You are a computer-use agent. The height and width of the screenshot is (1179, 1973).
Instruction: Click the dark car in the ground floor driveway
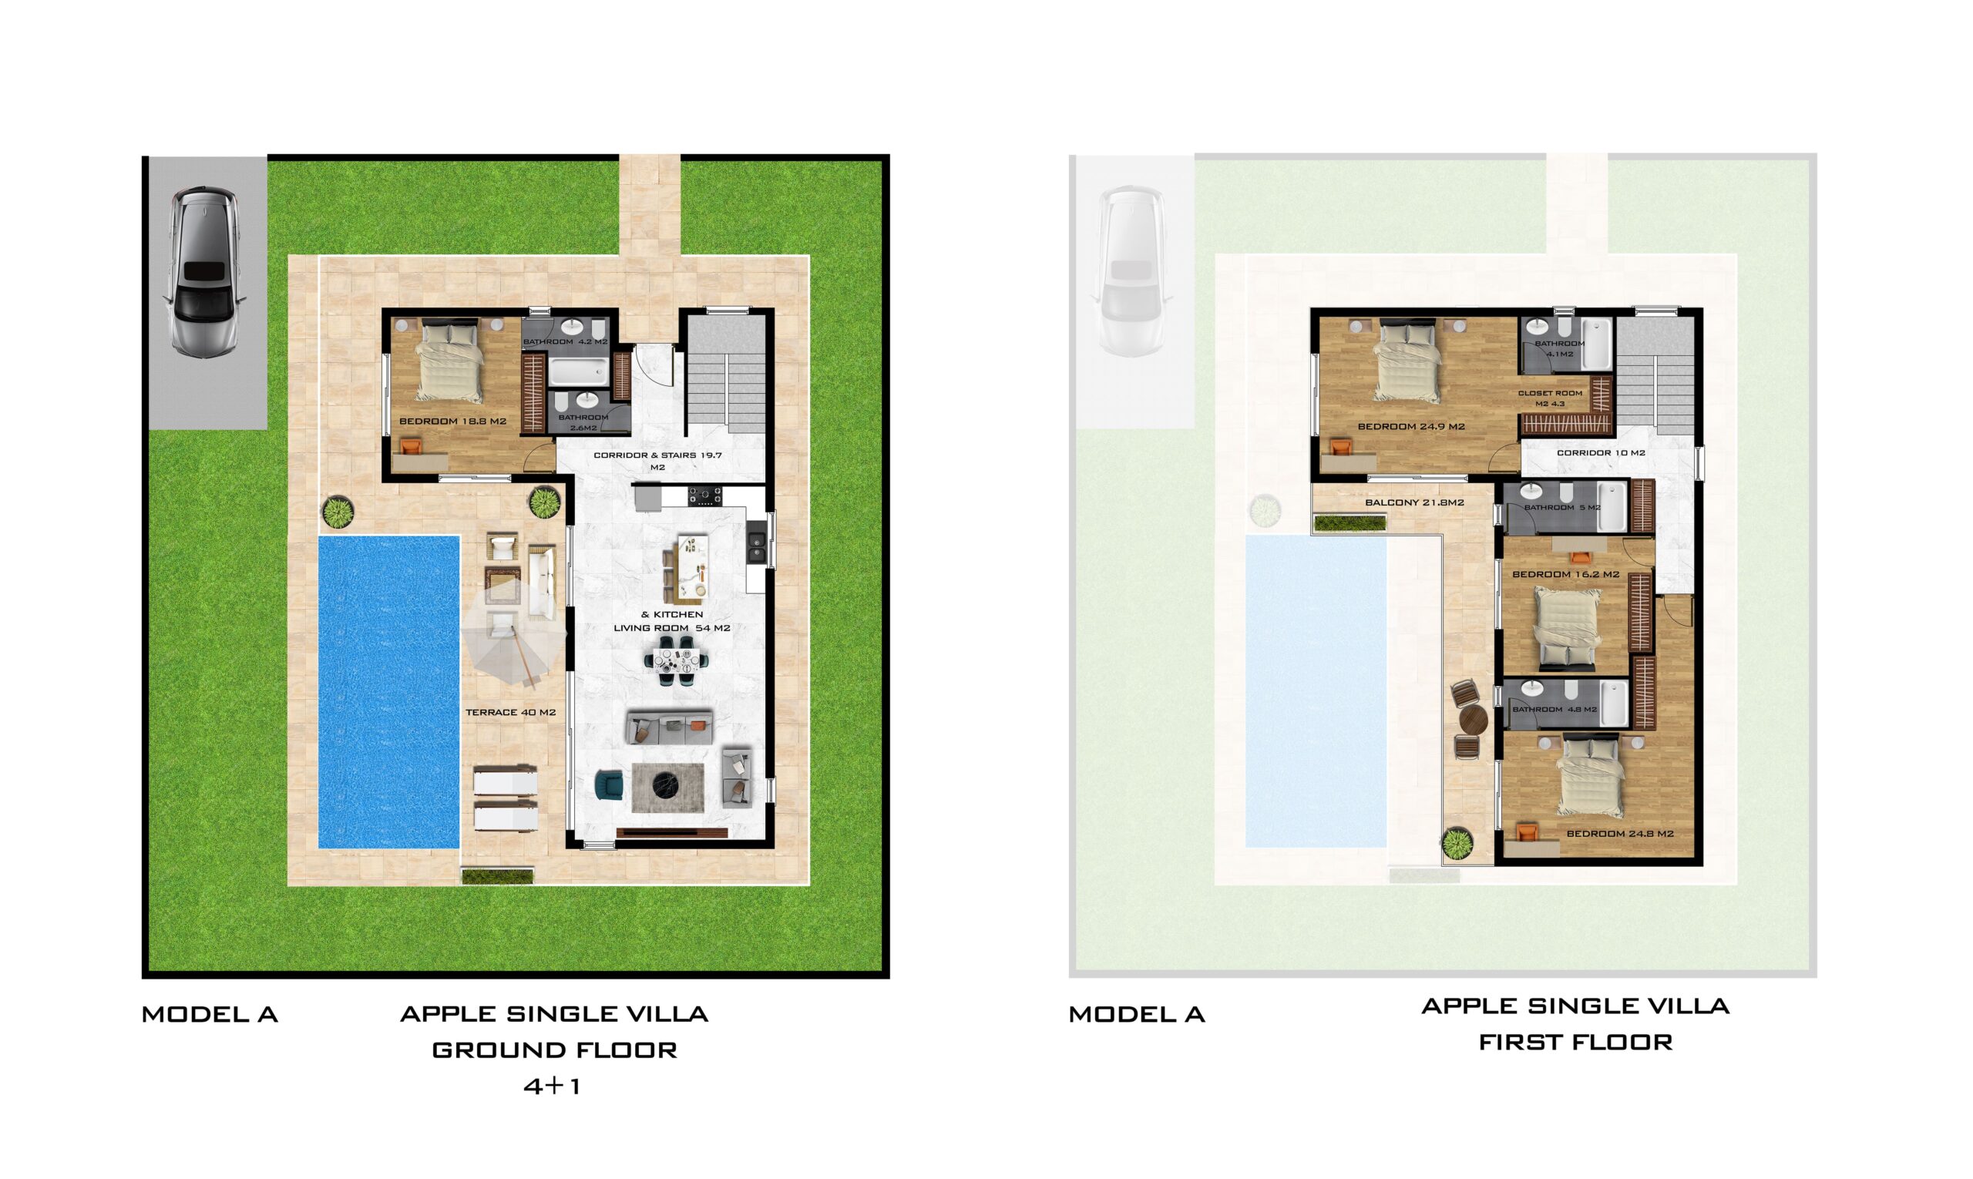204,272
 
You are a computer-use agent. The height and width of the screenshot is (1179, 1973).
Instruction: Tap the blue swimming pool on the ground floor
388,692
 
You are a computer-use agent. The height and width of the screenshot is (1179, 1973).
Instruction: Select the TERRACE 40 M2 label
510,713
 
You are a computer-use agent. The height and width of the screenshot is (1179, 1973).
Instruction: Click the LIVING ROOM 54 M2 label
671,627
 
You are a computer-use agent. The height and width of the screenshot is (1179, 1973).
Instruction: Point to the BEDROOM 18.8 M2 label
452,421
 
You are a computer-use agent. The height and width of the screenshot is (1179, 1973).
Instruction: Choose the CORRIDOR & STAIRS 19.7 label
658,455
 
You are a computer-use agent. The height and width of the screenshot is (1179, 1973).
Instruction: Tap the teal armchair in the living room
610,785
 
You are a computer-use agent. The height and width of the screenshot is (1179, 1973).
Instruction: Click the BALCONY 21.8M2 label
1414,503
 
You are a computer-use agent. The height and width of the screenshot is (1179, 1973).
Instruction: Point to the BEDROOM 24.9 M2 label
1411,427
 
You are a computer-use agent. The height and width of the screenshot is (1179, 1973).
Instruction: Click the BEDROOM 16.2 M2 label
1565,574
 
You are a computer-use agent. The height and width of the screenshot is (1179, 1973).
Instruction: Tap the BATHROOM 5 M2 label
1562,508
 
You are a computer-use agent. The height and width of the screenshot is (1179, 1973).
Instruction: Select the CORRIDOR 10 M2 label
1601,453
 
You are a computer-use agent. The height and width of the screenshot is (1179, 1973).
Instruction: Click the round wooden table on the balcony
1472,721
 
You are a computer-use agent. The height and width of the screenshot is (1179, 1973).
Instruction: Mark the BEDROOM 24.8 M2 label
1620,834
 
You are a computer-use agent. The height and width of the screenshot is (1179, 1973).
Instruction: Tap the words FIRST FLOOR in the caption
1575,1042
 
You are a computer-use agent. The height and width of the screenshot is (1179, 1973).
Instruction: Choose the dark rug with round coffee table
667,788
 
